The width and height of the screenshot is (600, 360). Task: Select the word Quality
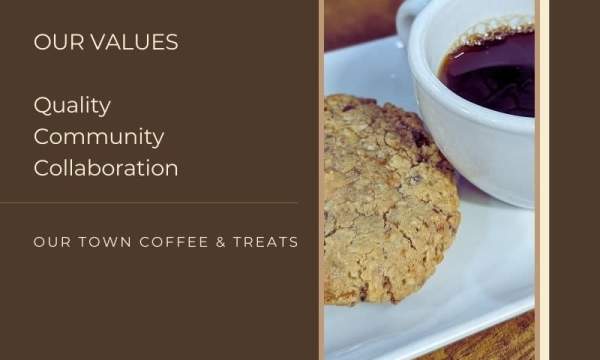(72, 105)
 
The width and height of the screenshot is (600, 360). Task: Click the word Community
(99, 136)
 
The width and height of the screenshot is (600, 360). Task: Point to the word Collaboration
(106, 167)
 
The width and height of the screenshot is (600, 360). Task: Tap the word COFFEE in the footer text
(168, 242)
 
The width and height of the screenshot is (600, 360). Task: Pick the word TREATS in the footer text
(263, 242)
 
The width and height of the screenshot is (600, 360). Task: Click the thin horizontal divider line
(150, 203)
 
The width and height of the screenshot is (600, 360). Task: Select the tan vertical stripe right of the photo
(541, 180)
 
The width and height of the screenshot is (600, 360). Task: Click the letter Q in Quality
(42, 105)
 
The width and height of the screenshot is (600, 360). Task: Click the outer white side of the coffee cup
(470, 150)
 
